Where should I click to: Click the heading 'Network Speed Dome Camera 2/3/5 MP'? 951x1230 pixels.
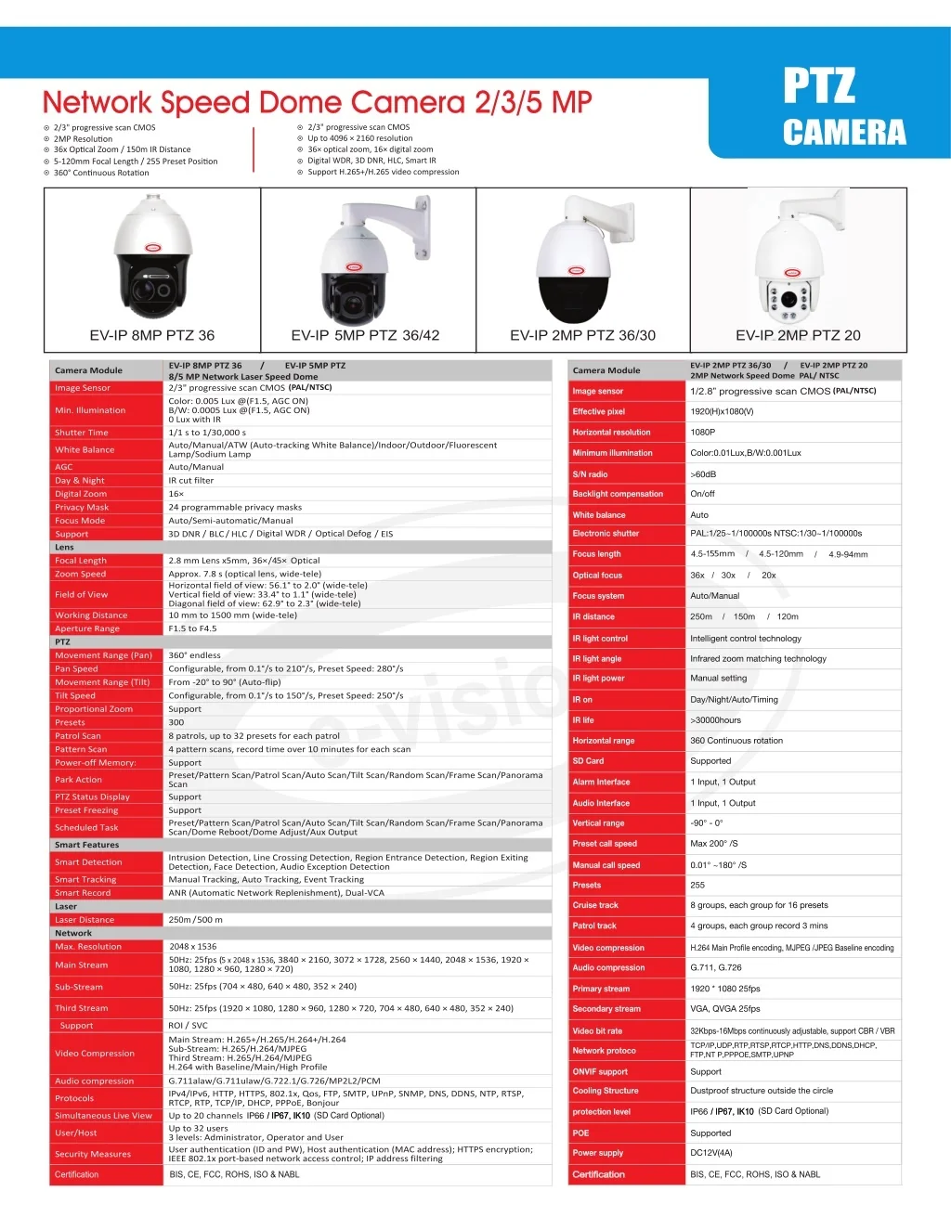point(317,102)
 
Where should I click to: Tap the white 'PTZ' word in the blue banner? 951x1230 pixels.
point(819,86)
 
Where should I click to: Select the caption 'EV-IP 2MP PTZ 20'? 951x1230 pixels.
point(798,335)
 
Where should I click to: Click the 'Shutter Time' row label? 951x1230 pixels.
point(82,433)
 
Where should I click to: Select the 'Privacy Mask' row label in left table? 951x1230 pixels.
point(82,508)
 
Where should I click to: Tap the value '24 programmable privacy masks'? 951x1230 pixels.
point(235,508)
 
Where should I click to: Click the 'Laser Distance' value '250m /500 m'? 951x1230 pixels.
point(195,920)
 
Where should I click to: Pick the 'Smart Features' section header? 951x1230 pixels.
point(86,845)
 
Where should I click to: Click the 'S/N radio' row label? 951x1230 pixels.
point(591,474)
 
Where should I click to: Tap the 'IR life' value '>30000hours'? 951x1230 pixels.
point(715,720)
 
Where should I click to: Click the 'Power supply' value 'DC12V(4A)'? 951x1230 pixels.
point(710,1153)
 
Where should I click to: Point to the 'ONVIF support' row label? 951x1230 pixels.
point(600,1071)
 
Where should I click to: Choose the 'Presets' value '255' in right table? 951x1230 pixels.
point(697,885)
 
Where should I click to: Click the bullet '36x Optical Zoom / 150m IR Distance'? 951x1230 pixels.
point(122,149)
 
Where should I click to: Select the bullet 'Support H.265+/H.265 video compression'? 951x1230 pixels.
point(383,172)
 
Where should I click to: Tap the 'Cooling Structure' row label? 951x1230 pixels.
point(606,1091)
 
